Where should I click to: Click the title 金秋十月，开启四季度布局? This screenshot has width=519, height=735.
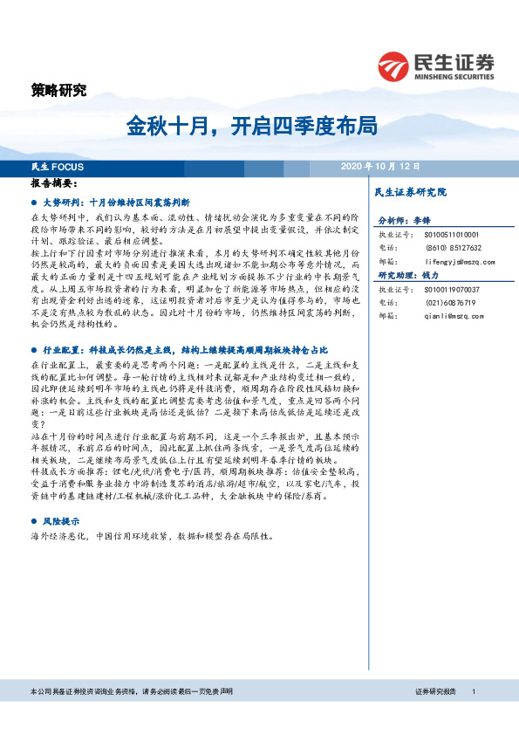[252, 126]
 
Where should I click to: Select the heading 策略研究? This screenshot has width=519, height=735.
[58, 90]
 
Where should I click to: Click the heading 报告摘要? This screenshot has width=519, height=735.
[53, 184]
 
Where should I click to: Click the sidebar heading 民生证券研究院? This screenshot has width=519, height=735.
[409, 191]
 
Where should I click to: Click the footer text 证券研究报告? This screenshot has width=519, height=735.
[434, 690]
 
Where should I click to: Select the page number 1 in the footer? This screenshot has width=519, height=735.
[473, 690]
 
